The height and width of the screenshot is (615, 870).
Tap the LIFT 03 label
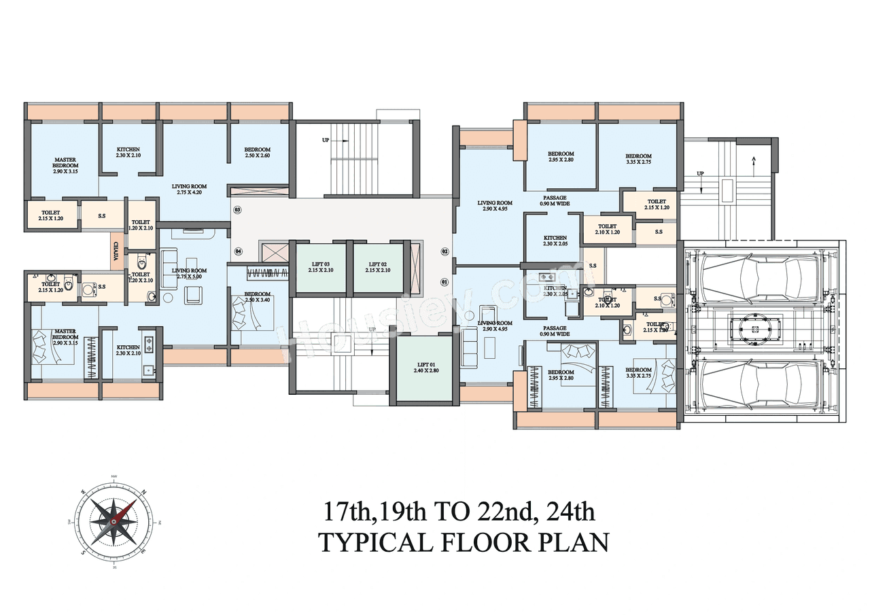(321, 267)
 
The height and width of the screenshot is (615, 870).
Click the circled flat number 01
(445, 281)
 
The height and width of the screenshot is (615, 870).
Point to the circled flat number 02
(445, 251)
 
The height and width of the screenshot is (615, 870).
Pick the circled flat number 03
(238, 210)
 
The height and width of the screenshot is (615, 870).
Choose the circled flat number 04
(239, 251)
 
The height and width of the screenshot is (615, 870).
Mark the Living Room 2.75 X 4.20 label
(189, 190)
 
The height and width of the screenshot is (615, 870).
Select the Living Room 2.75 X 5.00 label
(189, 274)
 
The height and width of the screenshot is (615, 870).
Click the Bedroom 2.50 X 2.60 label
(258, 153)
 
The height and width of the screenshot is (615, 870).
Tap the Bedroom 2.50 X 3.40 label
(258, 297)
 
